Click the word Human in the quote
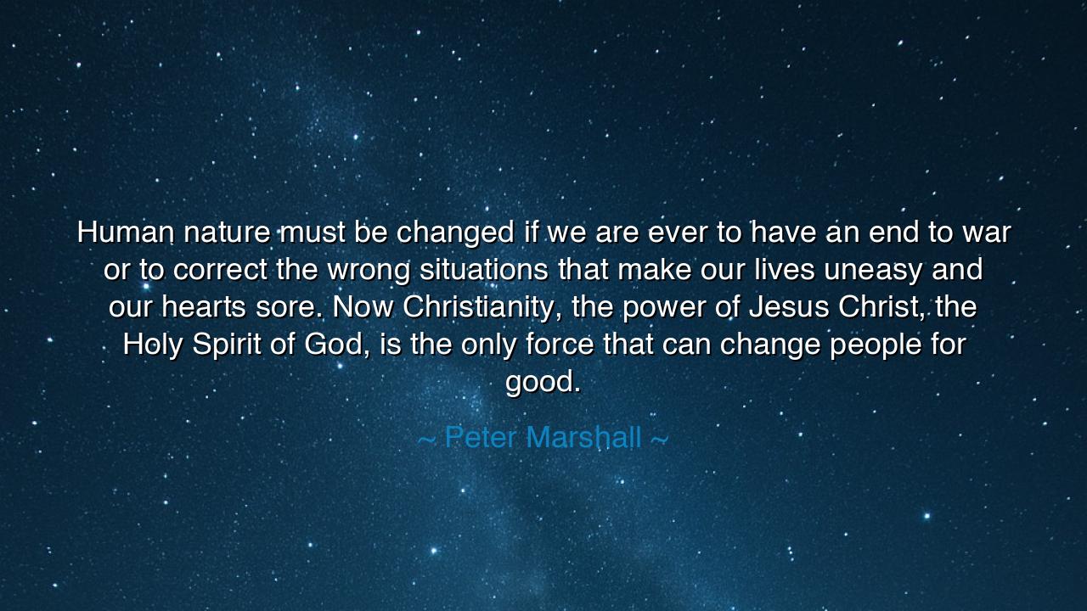(x=125, y=232)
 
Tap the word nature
(x=227, y=232)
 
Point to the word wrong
(x=369, y=271)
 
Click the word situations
(x=484, y=269)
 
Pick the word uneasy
(x=872, y=271)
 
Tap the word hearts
(x=203, y=306)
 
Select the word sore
(x=286, y=308)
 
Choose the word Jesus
(x=789, y=306)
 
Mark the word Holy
(x=152, y=345)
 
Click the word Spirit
(x=227, y=345)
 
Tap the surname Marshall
(x=583, y=437)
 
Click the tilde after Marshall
(x=660, y=439)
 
